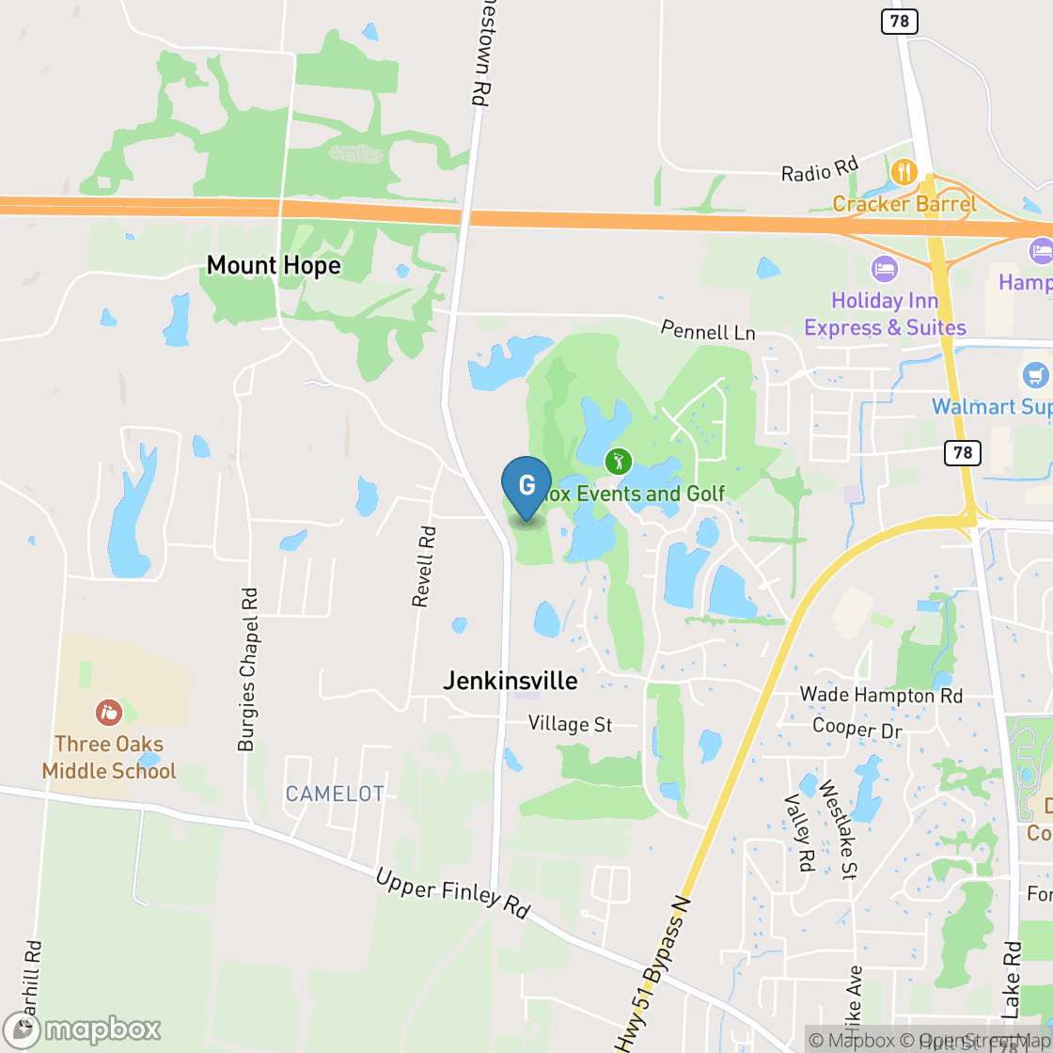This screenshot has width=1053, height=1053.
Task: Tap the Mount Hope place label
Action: click(274, 265)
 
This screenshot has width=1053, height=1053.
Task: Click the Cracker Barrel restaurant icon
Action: click(904, 172)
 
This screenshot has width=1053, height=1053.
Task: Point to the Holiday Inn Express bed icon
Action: click(884, 269)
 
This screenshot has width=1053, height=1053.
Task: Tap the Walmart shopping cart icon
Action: click(1036, 376)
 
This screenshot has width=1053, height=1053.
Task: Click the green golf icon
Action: click(618, 461)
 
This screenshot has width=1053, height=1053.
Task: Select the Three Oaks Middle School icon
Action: click(109, 712)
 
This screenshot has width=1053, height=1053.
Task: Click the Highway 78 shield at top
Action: click(899, 21)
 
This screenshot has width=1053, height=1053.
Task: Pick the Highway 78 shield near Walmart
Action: click(962, 453)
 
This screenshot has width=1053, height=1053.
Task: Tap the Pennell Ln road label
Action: click(708, 330)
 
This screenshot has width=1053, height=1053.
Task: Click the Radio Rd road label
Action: click(820, 170)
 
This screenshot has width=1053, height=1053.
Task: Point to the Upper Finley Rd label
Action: click(452, 894)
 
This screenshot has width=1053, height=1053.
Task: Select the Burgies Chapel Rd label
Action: click(247, 669)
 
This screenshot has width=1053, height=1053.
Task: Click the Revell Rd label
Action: click(425, 566)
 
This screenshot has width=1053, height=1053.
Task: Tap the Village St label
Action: click(570, 724)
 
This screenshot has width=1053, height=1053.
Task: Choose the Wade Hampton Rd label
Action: click(881, 695)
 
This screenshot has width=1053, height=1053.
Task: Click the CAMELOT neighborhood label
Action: click(335, 794)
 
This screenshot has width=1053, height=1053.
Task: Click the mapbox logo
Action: click(82, 1029)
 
